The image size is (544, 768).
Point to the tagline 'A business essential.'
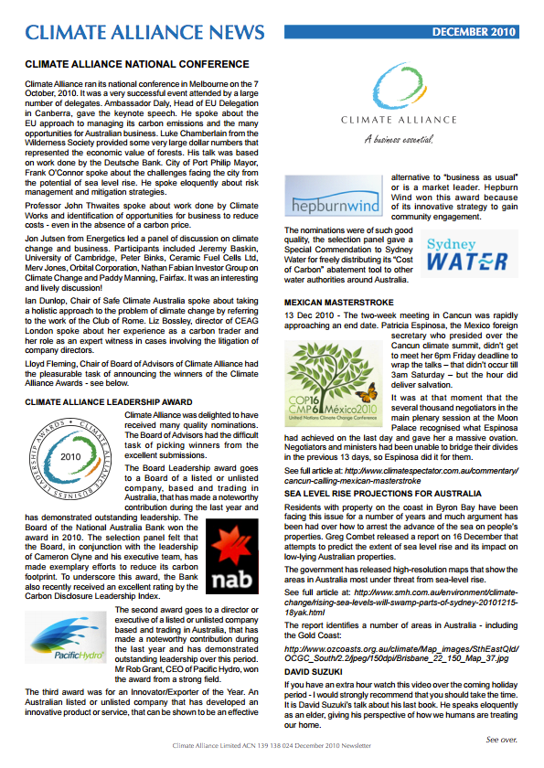(398, 140)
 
